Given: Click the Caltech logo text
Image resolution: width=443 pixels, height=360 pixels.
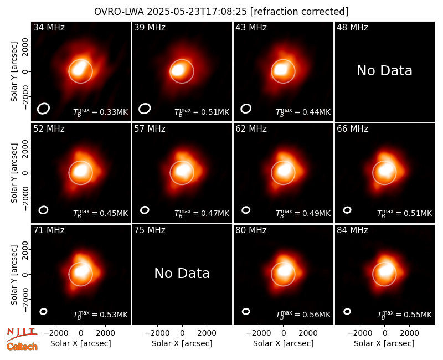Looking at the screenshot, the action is pos(22,347).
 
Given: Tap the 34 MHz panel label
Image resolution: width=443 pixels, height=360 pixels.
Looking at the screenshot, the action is pos(49,27).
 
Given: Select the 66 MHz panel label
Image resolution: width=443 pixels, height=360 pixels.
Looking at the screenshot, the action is pos(352,129).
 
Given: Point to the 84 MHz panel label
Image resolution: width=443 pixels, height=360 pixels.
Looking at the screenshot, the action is pos(352,230).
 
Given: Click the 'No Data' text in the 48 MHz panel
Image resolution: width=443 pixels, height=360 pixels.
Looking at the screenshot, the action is pos(384,71).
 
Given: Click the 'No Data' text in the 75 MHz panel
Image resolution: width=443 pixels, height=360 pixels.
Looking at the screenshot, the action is pos(182,274).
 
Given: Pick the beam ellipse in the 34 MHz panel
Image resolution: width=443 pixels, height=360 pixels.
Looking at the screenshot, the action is pos(44,109).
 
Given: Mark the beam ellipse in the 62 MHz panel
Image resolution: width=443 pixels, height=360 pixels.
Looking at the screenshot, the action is pos(246,210).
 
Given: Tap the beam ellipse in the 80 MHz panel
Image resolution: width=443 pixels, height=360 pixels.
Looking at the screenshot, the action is pos(246,311).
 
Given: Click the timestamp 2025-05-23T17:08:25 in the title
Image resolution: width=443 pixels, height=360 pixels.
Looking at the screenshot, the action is pos(197,12).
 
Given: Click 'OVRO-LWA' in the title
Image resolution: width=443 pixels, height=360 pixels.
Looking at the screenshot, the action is pos(119,12).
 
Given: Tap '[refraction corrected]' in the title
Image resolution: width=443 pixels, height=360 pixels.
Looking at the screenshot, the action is pos(299,12).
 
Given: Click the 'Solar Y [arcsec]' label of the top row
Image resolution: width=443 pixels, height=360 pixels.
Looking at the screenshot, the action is pos(14,72).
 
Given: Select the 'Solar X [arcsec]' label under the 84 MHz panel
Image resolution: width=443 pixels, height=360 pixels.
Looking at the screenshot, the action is pos(384,343).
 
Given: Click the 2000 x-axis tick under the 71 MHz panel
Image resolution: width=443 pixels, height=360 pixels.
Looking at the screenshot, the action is pos(105,333).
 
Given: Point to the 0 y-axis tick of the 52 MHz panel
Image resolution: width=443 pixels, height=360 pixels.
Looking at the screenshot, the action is pos(25,173).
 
